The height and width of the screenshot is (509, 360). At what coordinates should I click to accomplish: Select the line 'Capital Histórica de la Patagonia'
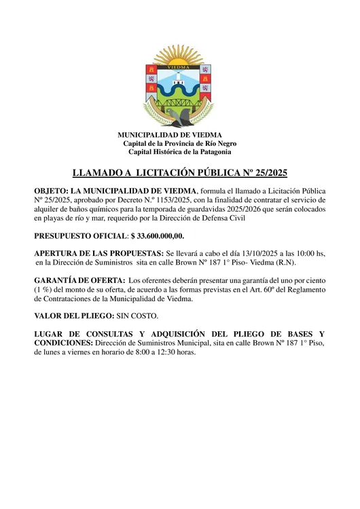pyautogui.click(x=179, y=152)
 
